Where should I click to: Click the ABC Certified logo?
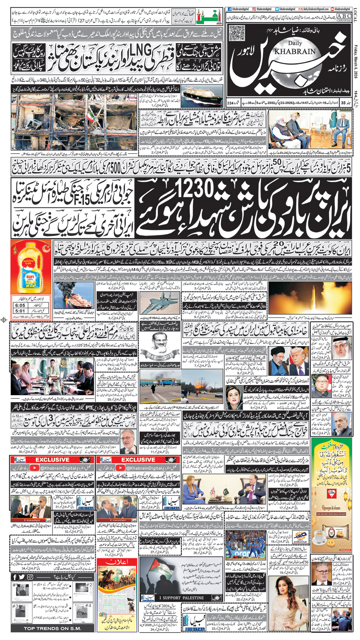[343, 17]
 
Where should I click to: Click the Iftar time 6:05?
[20, 305]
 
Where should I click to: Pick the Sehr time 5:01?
[20, 311]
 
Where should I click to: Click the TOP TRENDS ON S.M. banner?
[52, 628]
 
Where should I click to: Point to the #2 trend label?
[89, 585]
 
